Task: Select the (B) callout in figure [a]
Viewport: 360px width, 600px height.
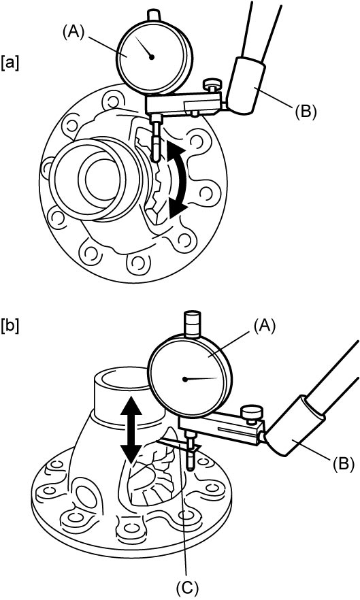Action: click(305, 113)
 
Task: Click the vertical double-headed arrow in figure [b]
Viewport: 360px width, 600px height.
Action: click(131, 431)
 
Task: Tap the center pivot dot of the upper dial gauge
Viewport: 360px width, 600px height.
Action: click(152, 57)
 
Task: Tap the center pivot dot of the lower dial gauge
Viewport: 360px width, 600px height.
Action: click(185, 380)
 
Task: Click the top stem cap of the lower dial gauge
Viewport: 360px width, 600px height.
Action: click(193, 324)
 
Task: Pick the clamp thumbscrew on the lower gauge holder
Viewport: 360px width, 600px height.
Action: click(252, 415)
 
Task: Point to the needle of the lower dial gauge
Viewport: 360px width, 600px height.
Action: click(201, 379)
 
